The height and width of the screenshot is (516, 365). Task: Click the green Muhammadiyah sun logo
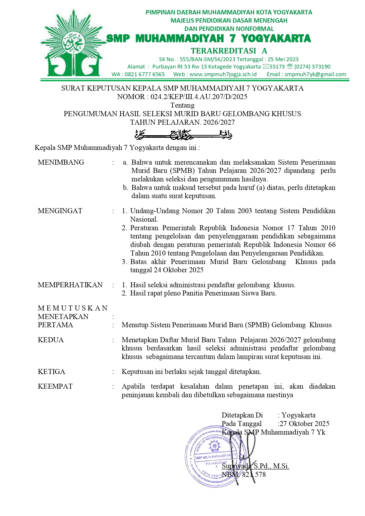click(72, 45)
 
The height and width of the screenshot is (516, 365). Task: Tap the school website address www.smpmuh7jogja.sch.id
click(223, 74)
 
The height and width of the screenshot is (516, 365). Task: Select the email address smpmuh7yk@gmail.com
click(315, 74)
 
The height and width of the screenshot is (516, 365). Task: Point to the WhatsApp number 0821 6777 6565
click(145, 74)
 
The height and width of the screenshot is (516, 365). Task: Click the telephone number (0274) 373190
click(312, 67)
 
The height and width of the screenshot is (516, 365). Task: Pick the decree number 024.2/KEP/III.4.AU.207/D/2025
click(199, 97)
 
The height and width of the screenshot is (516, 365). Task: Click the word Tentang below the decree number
click(182, 105)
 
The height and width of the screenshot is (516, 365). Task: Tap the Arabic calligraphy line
click(183, 135)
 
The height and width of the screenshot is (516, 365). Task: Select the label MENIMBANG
click(61, 162)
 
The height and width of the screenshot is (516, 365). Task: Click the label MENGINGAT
click(60, 211)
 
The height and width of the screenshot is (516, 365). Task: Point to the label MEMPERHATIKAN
click(70, 285)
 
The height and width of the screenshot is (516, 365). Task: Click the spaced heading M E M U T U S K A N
click(73, 308)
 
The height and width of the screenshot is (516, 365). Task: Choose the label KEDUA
click(51, 340)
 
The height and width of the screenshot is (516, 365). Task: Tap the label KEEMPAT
click(55, 386)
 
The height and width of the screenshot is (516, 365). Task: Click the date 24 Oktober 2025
click(179, 270)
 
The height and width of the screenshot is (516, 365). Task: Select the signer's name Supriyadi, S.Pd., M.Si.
click(255, 466)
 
